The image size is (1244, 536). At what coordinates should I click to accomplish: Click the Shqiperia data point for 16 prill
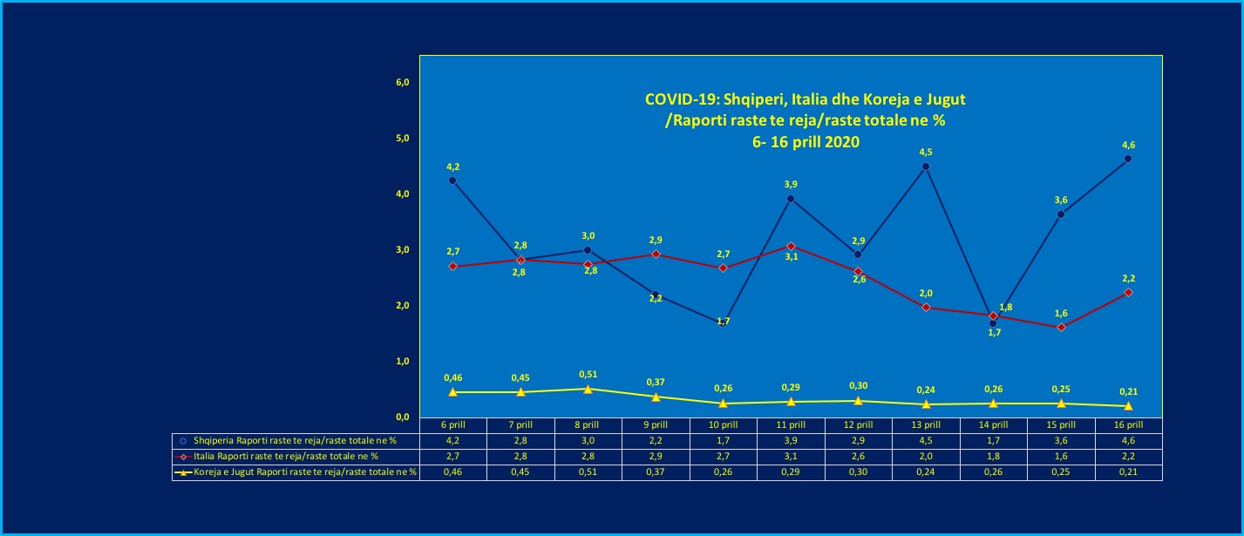(1128, 159)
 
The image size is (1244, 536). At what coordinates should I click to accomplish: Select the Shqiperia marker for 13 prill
(926, 166)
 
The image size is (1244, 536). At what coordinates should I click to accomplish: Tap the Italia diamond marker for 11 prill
(790, 246)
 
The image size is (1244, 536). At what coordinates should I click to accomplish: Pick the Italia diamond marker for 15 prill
(1061, 327)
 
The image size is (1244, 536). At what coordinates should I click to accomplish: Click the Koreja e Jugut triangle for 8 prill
(588, 389)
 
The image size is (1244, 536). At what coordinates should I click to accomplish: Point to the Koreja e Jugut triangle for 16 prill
(1128, 406)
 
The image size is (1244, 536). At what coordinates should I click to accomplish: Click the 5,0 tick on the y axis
(403, 139)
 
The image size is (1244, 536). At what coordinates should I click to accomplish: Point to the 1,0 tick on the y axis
(403, 361)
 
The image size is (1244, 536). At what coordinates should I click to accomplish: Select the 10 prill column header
(723, 424)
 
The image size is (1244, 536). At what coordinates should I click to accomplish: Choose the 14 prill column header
(994, 424)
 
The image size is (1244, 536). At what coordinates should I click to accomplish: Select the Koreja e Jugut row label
(296, 472)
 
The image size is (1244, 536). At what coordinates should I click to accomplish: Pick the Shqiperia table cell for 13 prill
(926, 440)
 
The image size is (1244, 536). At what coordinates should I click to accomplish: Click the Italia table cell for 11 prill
(790, 456)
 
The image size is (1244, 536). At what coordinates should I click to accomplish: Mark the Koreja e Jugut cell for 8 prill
(588, 472)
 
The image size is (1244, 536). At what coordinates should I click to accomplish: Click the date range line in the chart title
(805, 143)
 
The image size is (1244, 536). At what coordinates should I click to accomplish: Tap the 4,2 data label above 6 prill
(452, 166)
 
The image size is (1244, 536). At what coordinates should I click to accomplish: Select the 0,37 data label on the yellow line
(655, 383)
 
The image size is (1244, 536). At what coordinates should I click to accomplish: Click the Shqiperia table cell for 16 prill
(1128, 440)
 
